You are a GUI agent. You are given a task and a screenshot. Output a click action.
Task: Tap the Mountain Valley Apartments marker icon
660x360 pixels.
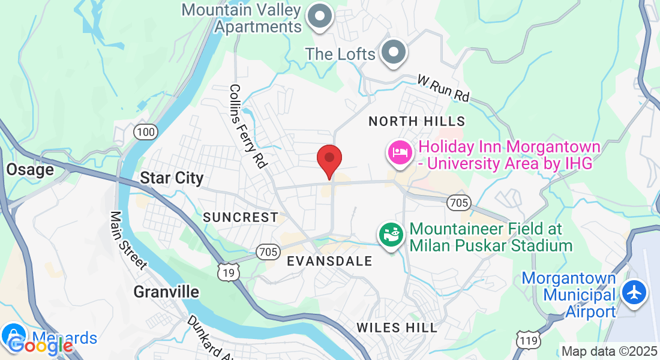click(x=320, y=16)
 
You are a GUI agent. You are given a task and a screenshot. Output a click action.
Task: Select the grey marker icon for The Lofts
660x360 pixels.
click(x=394, y=52)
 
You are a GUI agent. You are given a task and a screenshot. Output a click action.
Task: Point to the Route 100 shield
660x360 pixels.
click(x=145, y=131)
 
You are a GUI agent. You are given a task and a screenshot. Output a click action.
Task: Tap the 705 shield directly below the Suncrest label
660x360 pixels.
click(x=266, y=252)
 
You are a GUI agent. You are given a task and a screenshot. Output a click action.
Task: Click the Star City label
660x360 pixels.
click(x=172, y=178)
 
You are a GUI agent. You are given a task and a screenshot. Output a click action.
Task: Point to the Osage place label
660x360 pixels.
click(x=30, y=170)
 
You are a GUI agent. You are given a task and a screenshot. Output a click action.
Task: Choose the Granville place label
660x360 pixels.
click(x=166, y=292)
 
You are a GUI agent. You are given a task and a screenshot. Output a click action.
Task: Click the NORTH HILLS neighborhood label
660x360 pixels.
click(x=416, y=121)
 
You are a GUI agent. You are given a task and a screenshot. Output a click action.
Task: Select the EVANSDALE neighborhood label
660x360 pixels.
click(x=329, y=261)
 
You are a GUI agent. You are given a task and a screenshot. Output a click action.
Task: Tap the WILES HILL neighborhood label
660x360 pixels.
click(x=397, y=328)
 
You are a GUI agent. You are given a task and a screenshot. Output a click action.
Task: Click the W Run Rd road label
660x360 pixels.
click(x=443, y=88)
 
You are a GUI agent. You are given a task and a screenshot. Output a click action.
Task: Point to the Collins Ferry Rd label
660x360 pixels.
click(x=247, y=126)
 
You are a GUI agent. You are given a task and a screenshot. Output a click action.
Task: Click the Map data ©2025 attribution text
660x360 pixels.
click(x=608, y=351)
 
